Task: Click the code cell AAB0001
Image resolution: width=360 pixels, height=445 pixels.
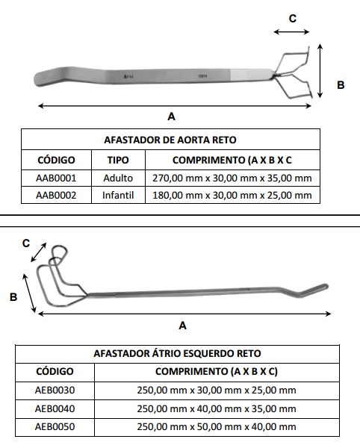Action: coord(56,178)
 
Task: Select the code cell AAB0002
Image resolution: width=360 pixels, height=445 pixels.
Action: coord(56,196)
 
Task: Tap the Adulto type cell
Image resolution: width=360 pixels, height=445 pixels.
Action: coord(118,178)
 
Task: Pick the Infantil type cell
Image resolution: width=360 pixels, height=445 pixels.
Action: coord(118,196)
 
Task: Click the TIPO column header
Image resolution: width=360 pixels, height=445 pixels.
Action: coord(118,160)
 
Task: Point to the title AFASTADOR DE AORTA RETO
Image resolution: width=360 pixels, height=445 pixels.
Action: coord(170,140)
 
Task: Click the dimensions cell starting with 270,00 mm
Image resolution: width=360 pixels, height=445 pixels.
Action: coord(232,178)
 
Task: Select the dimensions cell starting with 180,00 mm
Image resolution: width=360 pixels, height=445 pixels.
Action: coord(232,196)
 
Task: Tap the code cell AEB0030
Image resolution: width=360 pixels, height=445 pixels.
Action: coord(55,390)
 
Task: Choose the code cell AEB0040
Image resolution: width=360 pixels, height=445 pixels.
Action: coord(55,409)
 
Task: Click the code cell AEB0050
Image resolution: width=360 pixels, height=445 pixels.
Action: coord(55,427)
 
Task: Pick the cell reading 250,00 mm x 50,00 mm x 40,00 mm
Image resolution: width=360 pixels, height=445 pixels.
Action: coord(217,427)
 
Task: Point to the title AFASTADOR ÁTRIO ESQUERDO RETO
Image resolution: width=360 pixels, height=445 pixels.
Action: coord(178,354)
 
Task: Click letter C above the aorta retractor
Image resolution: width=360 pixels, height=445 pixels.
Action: coord(293,19)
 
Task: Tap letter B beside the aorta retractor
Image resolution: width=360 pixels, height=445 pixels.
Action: coord(341,85)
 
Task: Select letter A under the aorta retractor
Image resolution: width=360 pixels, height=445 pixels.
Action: coord(172,116)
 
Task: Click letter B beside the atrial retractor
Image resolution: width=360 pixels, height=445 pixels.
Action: coord(13,297)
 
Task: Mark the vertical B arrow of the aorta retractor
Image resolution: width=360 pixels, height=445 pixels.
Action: coord(320,71)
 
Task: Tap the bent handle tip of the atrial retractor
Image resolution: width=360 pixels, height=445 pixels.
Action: coord(324,287)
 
